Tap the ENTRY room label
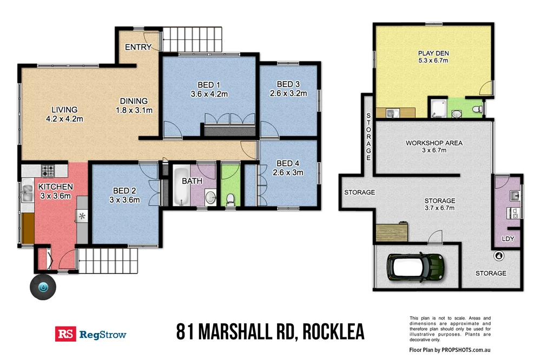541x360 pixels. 138,48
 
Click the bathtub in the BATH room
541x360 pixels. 180,190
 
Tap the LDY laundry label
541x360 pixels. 508,238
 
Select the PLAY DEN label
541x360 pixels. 433,53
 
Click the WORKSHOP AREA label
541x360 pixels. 433,143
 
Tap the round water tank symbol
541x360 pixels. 43,287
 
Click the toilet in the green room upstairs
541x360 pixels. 230,197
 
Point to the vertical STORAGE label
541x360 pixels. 368,137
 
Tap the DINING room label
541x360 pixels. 134,101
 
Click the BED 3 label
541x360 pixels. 288,84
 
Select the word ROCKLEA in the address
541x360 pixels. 334,332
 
